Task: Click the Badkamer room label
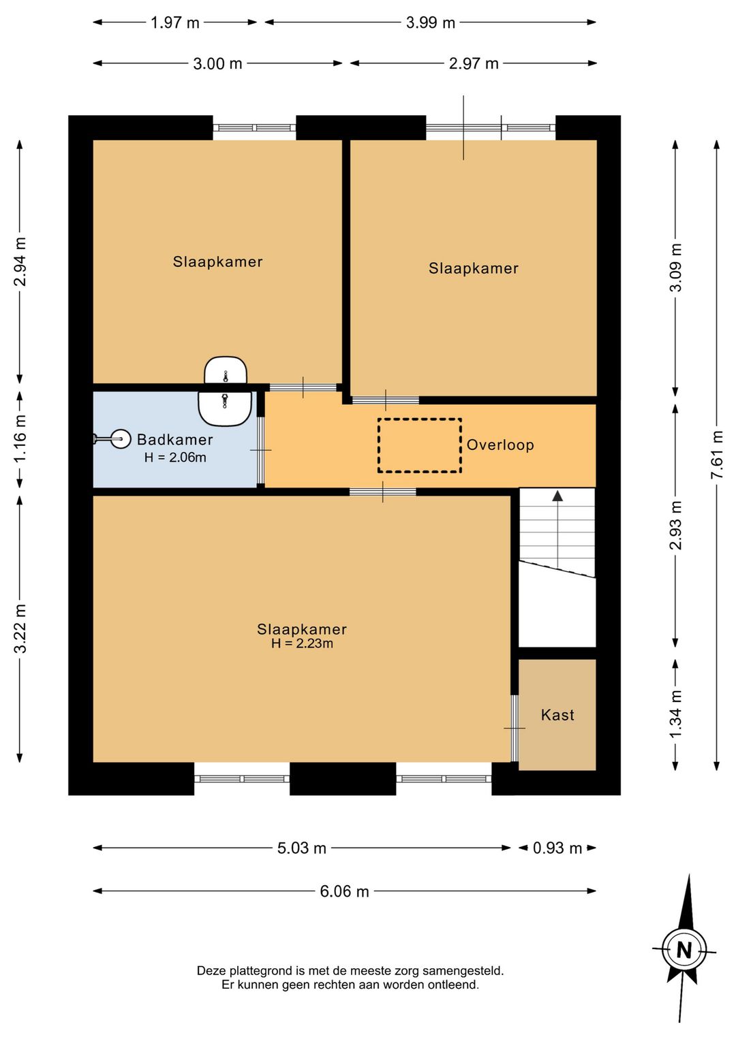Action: point(174,439)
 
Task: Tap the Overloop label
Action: point(500,445)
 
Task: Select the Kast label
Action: point(557,715)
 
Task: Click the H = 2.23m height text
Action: point(302,643)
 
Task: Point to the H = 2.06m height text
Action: point(175,458)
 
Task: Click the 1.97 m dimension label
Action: point(175,22)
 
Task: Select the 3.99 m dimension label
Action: point(431,22)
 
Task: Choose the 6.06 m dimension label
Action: point(345,891)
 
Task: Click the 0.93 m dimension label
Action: point(557,848)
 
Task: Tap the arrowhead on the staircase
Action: point(557,496)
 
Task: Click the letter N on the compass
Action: point(684,950)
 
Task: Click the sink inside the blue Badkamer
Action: point(226,409)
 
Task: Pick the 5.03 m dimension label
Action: point(302,848)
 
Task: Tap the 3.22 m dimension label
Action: point(20,628)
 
